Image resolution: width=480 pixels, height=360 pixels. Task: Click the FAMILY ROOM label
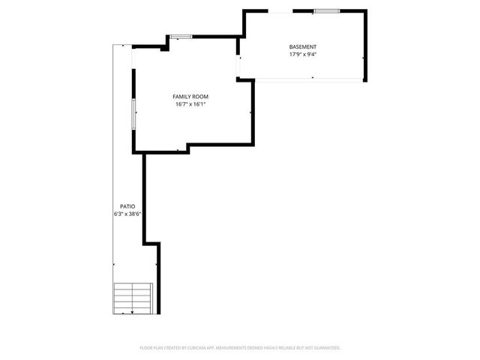(190, 97)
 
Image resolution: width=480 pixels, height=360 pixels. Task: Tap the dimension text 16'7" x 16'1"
(190, 104)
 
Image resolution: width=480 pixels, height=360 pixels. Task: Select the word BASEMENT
(302, 47)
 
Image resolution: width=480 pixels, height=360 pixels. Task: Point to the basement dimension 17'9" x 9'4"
(302, 55)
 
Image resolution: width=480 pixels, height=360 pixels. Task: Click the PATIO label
(127, 205)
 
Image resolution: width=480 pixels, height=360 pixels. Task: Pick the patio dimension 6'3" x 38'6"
(123, 214)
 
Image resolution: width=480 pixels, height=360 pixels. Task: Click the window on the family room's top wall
(180, 37)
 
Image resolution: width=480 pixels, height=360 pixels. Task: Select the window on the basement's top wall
(325, 11)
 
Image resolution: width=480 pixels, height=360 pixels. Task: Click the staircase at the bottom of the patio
(133, 298)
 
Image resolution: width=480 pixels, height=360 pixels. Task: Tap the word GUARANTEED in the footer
(326, 348)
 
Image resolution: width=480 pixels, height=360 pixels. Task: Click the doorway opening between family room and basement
(238, 67)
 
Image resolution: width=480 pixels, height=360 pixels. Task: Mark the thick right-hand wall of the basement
(366, 45)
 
